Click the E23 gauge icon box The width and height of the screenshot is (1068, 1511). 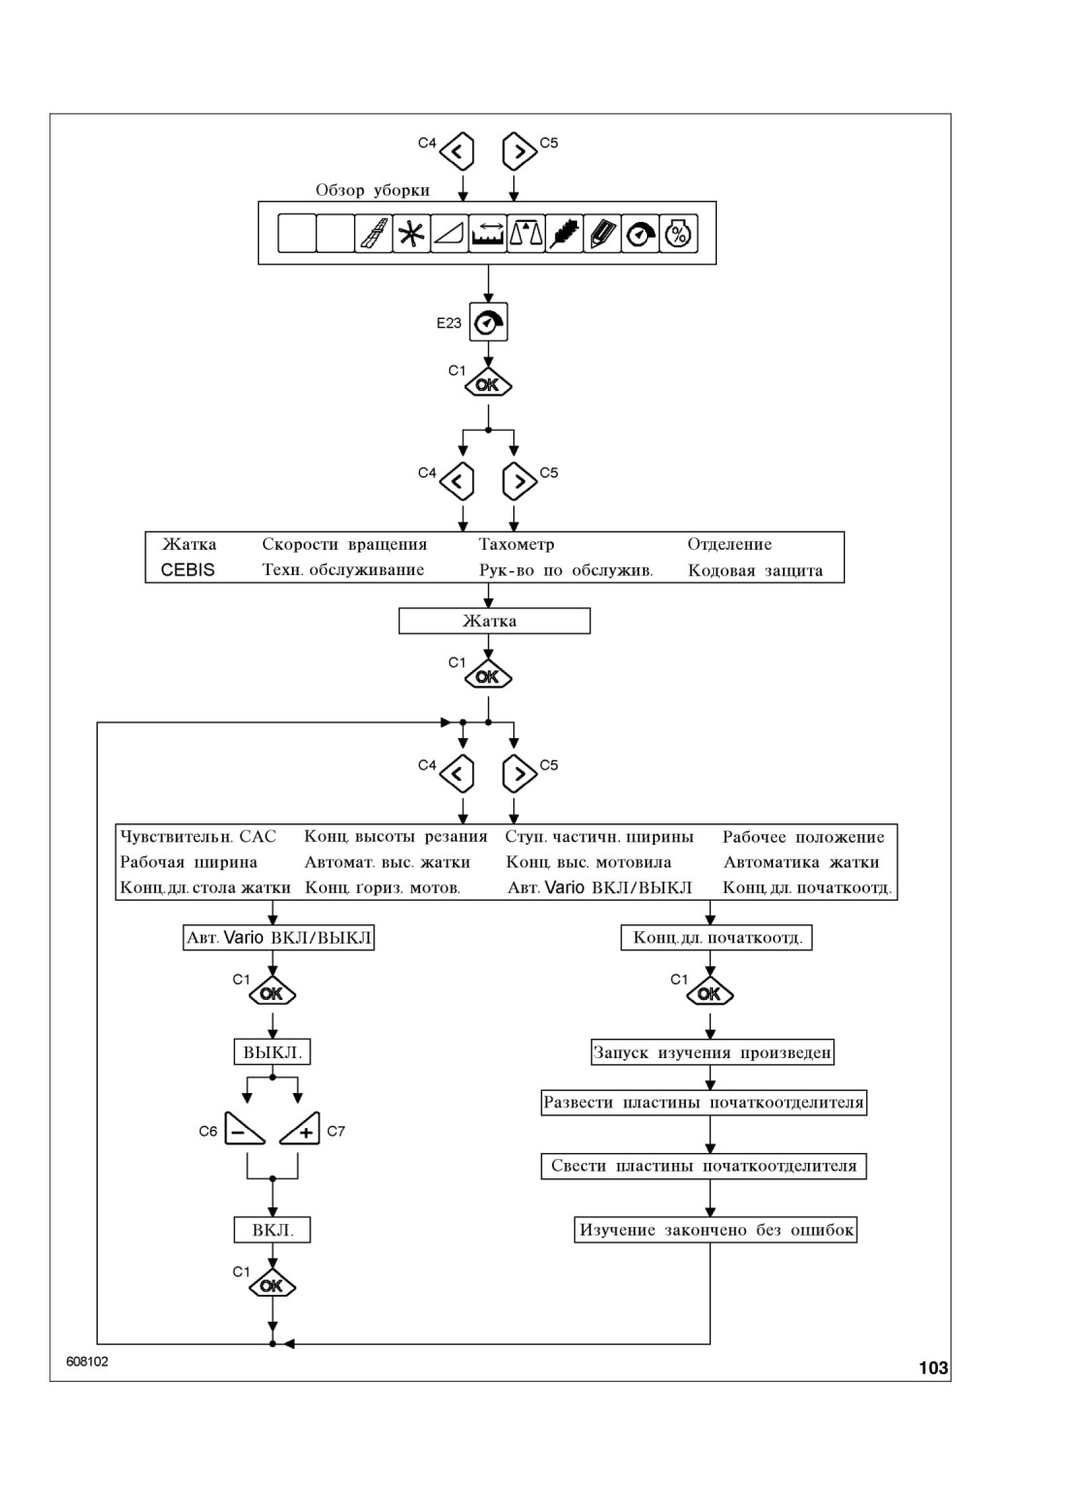click(x=489, y=322)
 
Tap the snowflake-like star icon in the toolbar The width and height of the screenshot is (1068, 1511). click(x=411, y=234)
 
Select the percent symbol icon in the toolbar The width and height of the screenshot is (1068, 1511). click(x=679, y=234)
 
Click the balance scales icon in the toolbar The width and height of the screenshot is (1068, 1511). click(x=526, y=234)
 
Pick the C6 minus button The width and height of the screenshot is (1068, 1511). click(x=243, y=1130)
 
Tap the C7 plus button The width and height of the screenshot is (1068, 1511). click(x=301, y=1130)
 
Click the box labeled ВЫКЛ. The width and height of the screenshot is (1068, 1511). click(x=273, y=1052)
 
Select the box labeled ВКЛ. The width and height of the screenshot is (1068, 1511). click(x=273, y=1231)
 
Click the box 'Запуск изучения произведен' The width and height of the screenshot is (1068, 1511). click(x=712, y=1052)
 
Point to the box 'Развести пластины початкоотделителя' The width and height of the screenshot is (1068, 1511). click(x=703, y=1103)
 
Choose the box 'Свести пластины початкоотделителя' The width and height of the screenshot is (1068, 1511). click(x=703, y=1167)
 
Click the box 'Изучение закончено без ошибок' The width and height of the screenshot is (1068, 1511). click(x=716, y=1231)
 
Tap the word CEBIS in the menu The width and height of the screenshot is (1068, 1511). click(x=187, y=570)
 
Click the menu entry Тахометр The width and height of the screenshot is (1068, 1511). click(x=517, y=544)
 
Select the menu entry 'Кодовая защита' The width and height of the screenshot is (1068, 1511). click(x=756, y=570)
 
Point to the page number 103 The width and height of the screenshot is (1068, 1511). click(x=933, y=1368)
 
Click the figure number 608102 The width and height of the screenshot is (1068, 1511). click(x=87, y=1362)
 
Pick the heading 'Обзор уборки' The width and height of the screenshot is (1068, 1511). click(x=372, y=190)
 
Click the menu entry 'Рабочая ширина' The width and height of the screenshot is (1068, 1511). click(x=189, y=862)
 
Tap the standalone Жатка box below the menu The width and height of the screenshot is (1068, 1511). click(x=495, y=621)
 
